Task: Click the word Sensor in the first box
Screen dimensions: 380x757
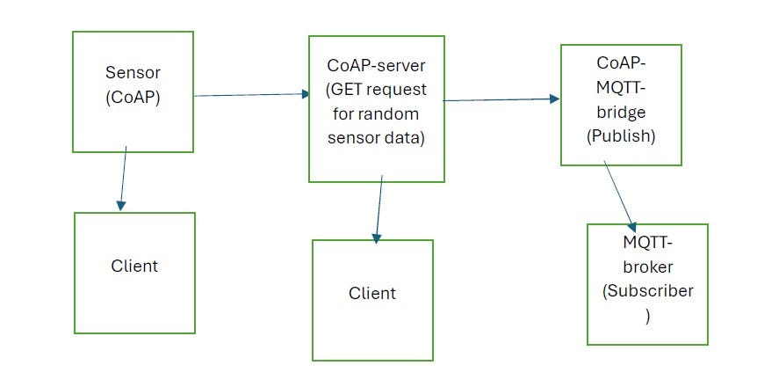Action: tap(133, 71)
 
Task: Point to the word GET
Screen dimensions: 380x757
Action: tap(346, 91)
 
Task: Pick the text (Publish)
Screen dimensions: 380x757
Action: tap(620, 137)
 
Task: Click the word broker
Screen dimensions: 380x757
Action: tap(647, 268)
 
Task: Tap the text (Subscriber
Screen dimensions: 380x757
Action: tap(648, 291)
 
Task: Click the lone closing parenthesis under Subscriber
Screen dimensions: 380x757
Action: tap(647, 315)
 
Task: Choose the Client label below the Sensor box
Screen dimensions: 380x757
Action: tap(134, 265)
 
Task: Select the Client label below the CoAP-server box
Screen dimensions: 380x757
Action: tap(372, 292)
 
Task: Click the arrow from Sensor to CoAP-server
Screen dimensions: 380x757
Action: tap(250, 94)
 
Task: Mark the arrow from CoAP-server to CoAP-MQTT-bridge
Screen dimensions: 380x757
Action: tap(501, 100)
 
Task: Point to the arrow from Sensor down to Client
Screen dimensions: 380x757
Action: tap(124, 179)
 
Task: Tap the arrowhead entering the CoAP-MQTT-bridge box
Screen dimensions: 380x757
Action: tap(554, 99)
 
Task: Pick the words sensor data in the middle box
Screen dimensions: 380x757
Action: tap(375, 137)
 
